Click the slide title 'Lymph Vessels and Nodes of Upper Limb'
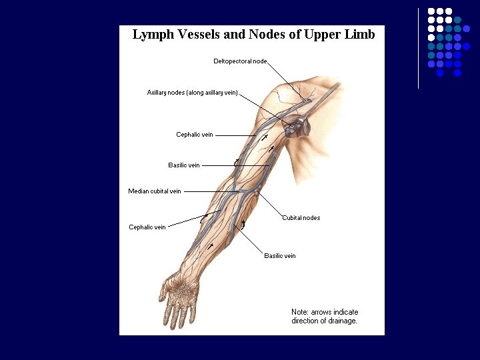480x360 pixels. pyautogui.click(x=253, y=35)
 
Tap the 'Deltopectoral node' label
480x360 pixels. pyautogui.click(x=240, y=61)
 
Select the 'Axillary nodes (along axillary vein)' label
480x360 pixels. pyautogui.click(x=192, y=93)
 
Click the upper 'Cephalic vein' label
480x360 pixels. pyautogui.click(x=195, y=135)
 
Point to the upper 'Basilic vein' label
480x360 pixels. pyautogui.click(x=184, y=165)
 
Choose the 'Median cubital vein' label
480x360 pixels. pyautogui.click(x=155, y=191)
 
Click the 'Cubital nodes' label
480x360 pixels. pyautogui.click(x=301, y=218)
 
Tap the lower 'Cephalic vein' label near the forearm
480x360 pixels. pyautogui.click(x=147, y=227)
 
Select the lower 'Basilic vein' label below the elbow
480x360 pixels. pyautogui.click(x=280, y=256)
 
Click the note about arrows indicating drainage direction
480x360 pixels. pyautogui.click(x=325, y=316)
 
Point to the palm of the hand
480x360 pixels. pyautogui.click(x=183, y=288)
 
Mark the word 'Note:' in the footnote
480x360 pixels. pyautogui.click(x=300, y=312)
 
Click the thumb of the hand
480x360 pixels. pyautogui.click(x=163, y=291)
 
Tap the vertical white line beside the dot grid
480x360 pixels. pyautogui.click(x=418, y=48)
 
